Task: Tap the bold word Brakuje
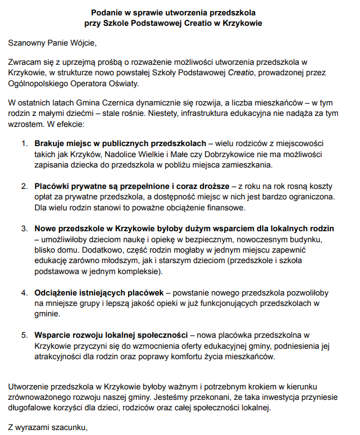coord(49,143)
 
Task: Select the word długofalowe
coord(31,408)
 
